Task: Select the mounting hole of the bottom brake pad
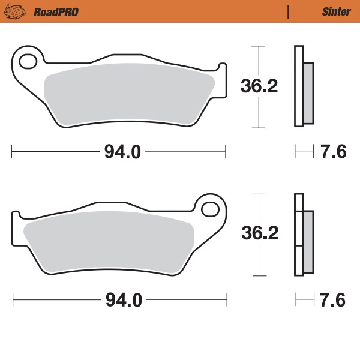[x=211, y=209]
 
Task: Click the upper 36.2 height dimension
[x=259, y=86]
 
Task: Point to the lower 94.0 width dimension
[x=124, y=300]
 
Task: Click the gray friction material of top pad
[x=129, y=96]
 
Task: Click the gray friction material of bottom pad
[x=108, y=243]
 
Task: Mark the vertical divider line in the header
[x=289, y=11]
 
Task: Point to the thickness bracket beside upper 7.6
[x=304, y=152]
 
